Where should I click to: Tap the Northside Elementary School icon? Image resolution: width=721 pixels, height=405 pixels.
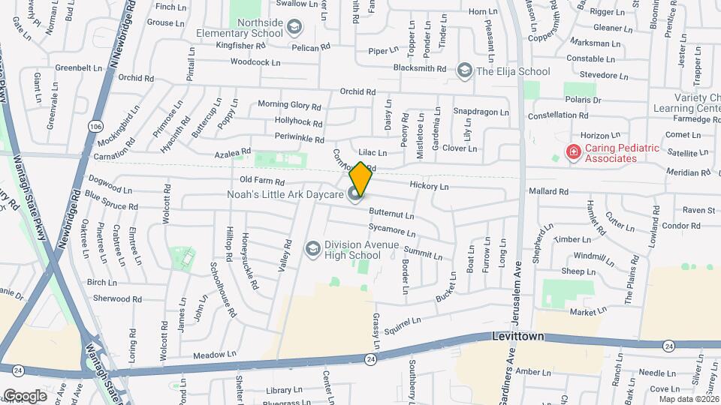pos(294,28)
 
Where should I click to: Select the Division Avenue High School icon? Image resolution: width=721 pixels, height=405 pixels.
pos(312,248)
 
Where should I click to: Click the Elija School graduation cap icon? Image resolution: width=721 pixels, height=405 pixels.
pos(465,71)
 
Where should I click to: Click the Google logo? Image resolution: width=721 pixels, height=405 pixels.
pos(24,395)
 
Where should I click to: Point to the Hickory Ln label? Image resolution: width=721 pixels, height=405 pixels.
pos(429,186)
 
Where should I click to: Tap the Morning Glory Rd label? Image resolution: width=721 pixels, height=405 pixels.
pos(289,105)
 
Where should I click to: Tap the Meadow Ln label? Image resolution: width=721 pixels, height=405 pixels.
pos(214,354)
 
